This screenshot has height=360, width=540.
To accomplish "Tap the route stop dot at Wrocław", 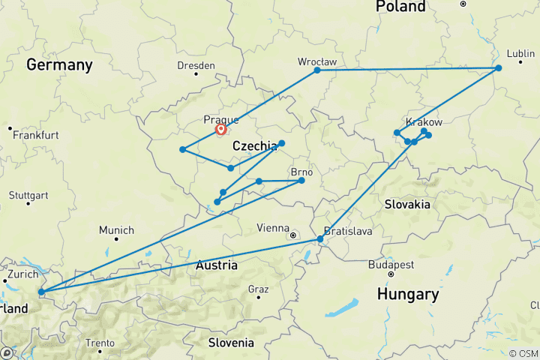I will pyautogui.click(x=317, y=70).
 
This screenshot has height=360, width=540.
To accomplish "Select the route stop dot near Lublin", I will pyautogui.click(x=498, y=68).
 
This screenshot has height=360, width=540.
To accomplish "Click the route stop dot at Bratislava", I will pyautogui.click(x=320, y=239).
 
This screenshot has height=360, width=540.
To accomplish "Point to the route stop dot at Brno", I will pyautogui.click(x=301, y=180).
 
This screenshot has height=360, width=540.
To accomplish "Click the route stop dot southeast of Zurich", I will pyautogui.click(x=41, y=291).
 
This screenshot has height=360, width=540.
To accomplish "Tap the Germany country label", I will pyautogui.click(x=59, y=65).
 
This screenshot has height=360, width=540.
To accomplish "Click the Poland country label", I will pyautogui.click(x=400, y=7).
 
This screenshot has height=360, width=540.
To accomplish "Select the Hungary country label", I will pyautogui.click(x=408, y=294).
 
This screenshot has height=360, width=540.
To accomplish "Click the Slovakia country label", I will pyautogui.click(x=406, y=204).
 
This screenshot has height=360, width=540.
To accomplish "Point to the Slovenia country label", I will pyautogui.click(x=231, y=343).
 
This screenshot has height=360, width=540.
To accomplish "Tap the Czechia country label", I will pyautogui.click(x=254, y=146).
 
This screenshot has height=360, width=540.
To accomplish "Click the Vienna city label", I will pyautogui.click(x=273, y=228).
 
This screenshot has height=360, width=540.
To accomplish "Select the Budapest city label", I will pyautogui.click(x=391, y=265).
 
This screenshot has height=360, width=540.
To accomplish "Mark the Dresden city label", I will pyautogui.click(x=196, y=65).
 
